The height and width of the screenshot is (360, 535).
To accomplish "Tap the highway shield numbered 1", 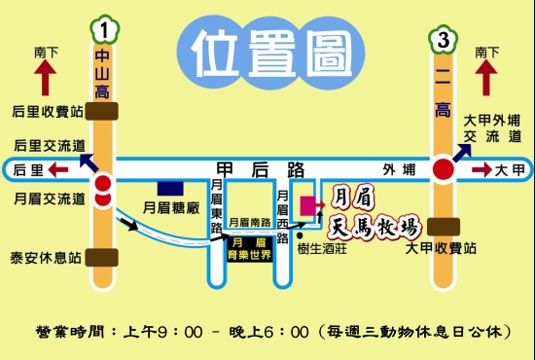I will coord(102,28).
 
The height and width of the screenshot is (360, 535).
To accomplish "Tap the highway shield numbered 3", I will coord(444,40).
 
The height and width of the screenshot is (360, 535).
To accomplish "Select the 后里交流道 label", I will coord(47,144).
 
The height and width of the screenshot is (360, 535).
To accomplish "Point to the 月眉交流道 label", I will coord(47,198).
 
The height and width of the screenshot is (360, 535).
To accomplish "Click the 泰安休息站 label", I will coord(47,258).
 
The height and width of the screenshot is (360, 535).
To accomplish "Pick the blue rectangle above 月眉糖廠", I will coord(171,187).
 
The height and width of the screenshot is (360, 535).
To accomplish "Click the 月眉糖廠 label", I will coord(171,207).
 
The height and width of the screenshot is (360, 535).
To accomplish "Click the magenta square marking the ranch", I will coord(310,206).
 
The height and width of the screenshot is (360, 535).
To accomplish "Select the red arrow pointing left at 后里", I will coord(57,170).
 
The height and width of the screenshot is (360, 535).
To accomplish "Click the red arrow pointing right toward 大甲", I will coord(482,170).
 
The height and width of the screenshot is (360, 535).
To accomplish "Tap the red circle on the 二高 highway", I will coord(444,170).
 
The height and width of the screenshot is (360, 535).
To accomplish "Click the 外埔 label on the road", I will coord(397,169).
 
